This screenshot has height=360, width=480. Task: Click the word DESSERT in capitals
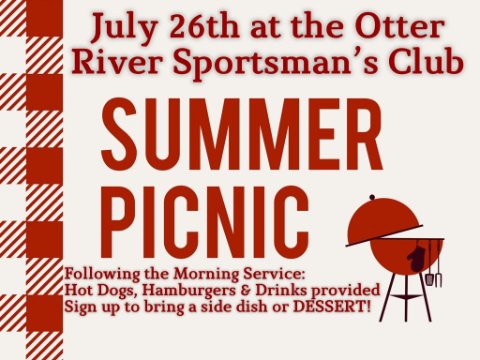pos(331,307)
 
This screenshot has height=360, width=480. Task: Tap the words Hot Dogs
pos(101,291)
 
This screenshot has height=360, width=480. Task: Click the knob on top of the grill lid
pos(372,197)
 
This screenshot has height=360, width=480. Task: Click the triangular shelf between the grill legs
pos(406,296)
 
